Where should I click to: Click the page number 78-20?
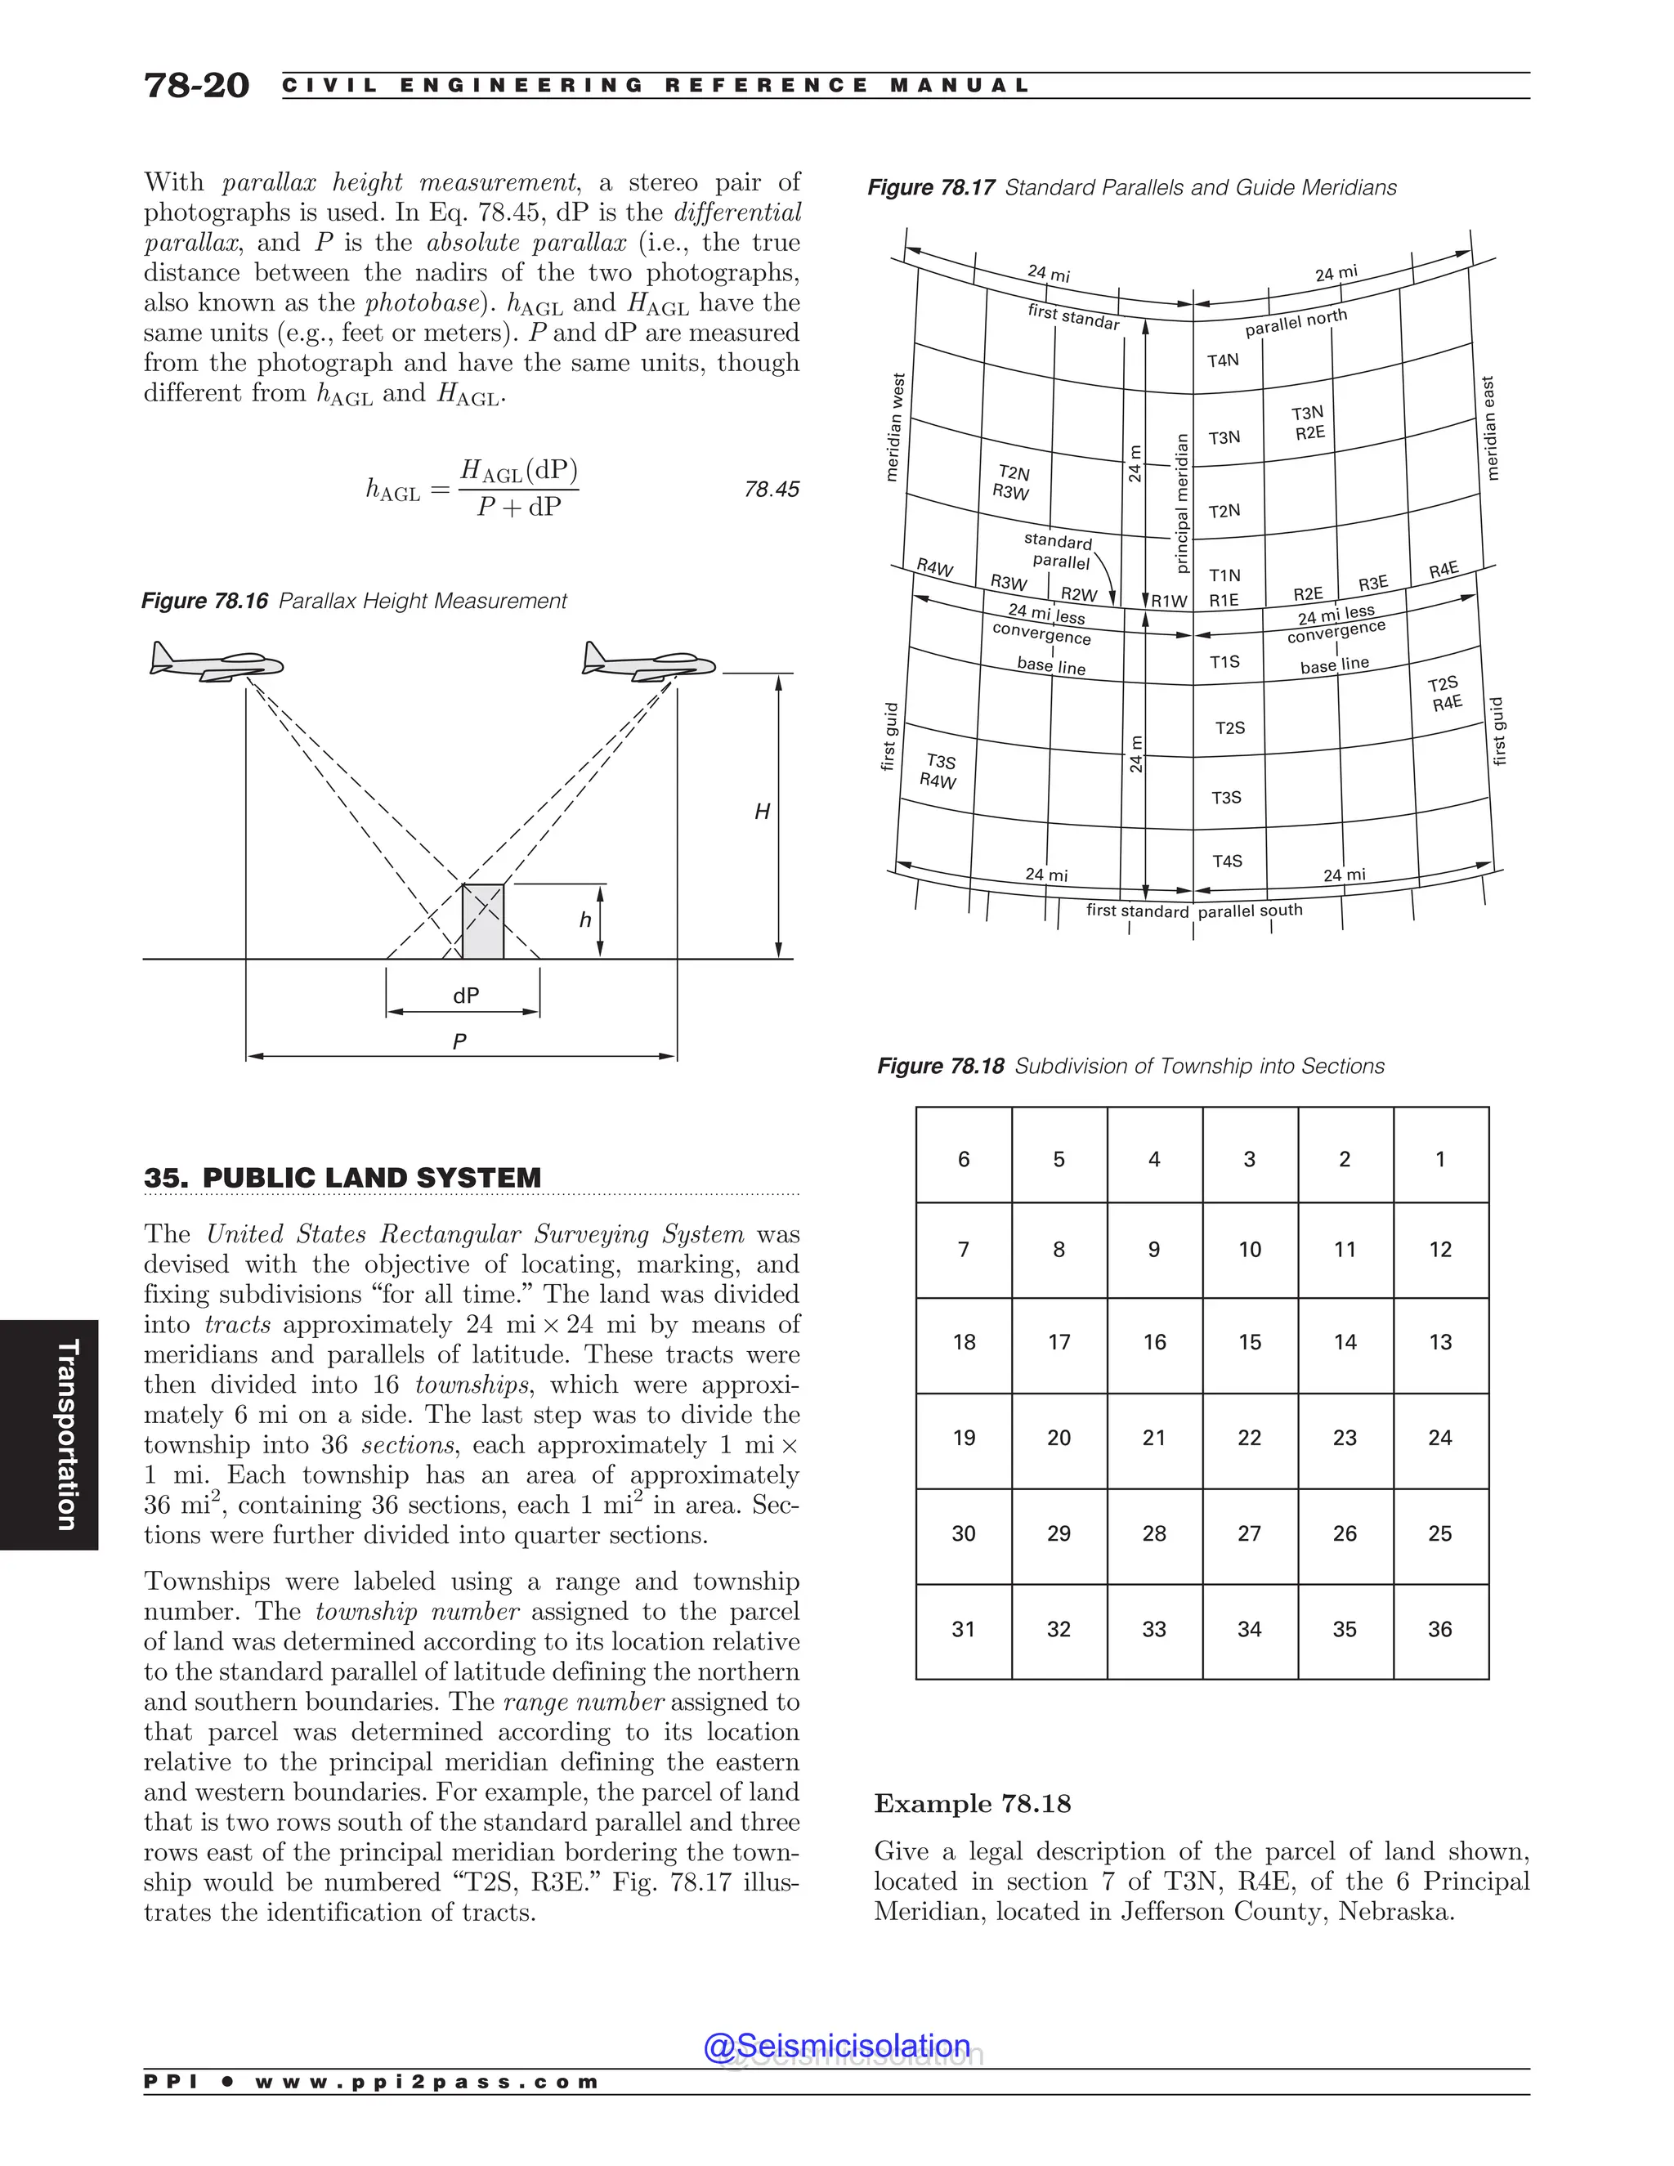point(196,85)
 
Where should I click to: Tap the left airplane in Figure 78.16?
point(216,661)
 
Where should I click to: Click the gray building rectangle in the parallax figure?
point(483,921)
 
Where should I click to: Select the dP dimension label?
point(466,996)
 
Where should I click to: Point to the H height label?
point(762,812)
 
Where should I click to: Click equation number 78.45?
point(771,489)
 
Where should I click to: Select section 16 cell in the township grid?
point(1154,1343)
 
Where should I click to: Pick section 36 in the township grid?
point(1440,1630)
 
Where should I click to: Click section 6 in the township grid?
point(963,1159)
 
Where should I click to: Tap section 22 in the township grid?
point(1250,1438)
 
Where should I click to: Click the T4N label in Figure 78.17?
point(1223,360)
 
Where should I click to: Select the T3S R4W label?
point(938,772)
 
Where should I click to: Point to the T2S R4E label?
point(1445,693)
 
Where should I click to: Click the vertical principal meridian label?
point(1181,503)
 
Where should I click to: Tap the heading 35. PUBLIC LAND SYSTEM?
point(342,1178)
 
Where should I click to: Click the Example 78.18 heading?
point(972,1803)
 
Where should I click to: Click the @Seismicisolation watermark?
point(836,2045)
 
